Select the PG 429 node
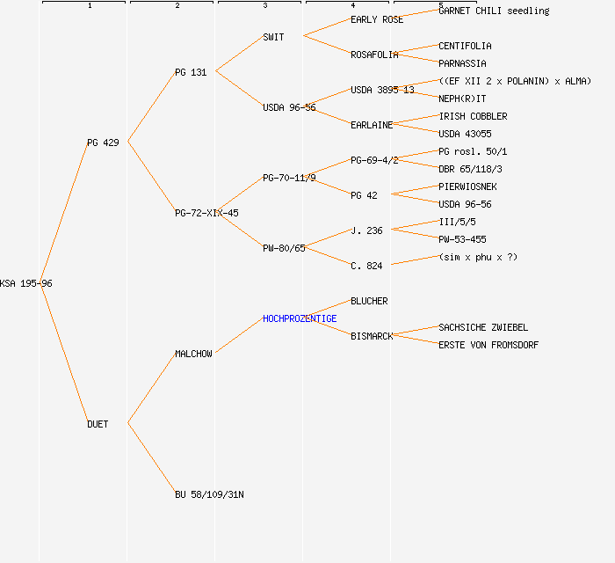pyautogui.click(x=103, y=143)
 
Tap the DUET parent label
pyautogui.click(x=98, y=424)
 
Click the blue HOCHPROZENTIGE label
pyautogui.click(x=300, y=318)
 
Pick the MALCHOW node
pyautogui.click(x=193, y=354)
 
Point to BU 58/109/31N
pyautogui.click(x=209, y=494)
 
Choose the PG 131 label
pyautogui.click(x=191, y=72)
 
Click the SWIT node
pyautogui.click(x=273, y=37)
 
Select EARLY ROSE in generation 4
pyautogui.click(x=377, y=19)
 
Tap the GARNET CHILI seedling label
pyautogui.click(x=494, y=11)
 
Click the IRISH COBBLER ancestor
pyautogui.click(x=473, y=116)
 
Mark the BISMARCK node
pyautogui.click(x=372, y=336)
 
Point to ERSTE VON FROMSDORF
pyautogui.click(x=488, y=345)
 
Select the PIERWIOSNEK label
pyautogui.click(x=467, y=186)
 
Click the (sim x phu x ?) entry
pyautogui.click(x=478, y=257)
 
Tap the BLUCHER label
pyautogui.click(x=369, y=301)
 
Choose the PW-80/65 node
pyautogui.click(x=284, y=248)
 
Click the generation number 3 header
pyautogui.click(x=264, y=6)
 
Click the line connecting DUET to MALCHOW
pyautogui.click(x=152, y=388)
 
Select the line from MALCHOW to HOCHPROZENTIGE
pyautogui.click(x=239, y=335)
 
